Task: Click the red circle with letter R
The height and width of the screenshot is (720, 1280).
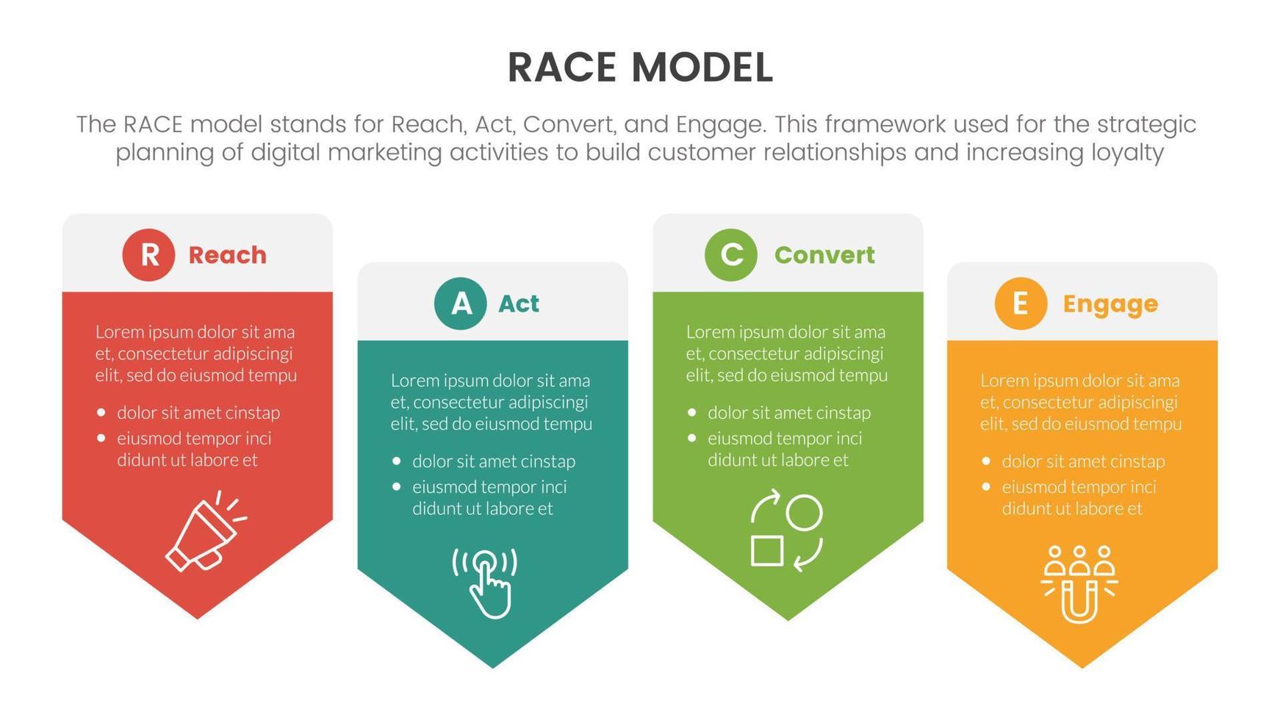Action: (148, 255)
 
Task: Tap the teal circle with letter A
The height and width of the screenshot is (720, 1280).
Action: (460, 303)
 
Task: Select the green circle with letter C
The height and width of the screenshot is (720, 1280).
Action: (730, 255)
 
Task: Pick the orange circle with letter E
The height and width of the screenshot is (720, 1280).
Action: (1021, 303)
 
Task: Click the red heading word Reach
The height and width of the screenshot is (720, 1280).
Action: (227, 255)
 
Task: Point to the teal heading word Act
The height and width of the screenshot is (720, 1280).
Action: (518, 303)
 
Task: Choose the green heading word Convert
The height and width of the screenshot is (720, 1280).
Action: (824, 255)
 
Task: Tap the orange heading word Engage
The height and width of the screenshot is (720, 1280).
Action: (1110, 303)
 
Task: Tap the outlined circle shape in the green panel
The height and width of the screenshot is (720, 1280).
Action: (804, 512)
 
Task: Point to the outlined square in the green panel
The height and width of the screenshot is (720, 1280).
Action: (766, 551)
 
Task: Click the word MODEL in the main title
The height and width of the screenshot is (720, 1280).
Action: (702, 68)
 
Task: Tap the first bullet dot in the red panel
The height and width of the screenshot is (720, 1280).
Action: (101, 413)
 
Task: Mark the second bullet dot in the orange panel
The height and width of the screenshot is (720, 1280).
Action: (986, 486)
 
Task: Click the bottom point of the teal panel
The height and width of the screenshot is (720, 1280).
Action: (492, 666)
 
